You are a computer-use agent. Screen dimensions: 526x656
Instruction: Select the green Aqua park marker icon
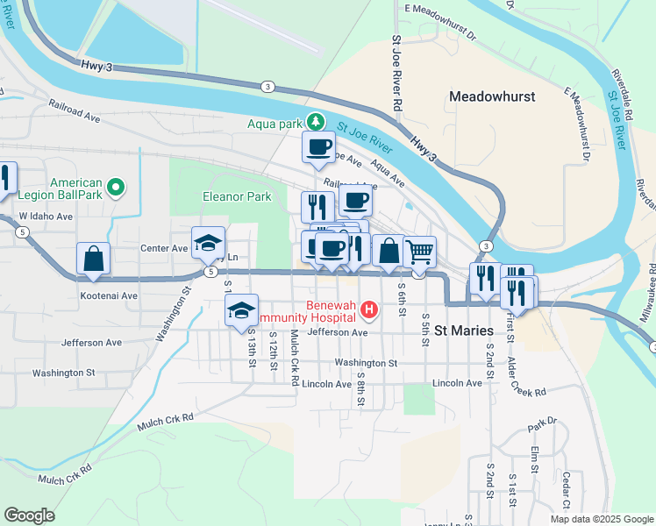[320, 123]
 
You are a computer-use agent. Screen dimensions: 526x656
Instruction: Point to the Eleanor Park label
[237, 197]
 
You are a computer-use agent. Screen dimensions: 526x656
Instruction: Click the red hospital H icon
[368, 309]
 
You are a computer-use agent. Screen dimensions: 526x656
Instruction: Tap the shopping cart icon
[419, 251]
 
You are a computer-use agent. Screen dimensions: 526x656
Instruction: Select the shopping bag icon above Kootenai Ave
[93, 259]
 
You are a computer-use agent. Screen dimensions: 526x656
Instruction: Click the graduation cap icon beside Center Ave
[209, 243]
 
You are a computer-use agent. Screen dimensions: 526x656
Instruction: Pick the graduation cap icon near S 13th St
[242, 310]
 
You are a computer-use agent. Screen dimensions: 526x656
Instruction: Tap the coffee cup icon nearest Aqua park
[318, 146]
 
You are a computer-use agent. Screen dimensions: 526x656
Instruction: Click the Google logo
[29, 515]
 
